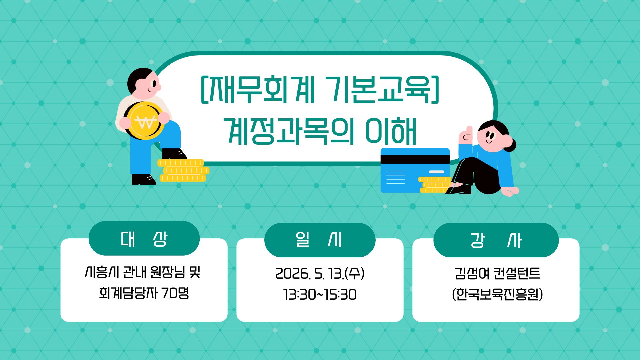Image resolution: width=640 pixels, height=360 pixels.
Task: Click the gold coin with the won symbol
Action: pyautogui.click(x=144, y=121)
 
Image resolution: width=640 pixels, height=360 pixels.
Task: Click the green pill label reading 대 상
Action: pyautogui.click(x=144, y=238)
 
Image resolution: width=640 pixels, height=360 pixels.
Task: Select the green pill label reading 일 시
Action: pyautogui.click(x=320, y=240)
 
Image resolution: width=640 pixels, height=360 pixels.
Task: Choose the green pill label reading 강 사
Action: pyautogui.click(x=496, y=240)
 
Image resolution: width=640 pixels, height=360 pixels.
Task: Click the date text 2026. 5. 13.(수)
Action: pyautogui.click(x=320, y=274)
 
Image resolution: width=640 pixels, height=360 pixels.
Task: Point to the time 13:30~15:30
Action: pyautogui.click(x=320, y=295)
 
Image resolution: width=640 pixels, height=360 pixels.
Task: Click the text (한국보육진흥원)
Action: pyautogui.click(x=497, y=294)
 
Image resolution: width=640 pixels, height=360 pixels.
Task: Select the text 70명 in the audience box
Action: pyautogui.click(x=176, y=293)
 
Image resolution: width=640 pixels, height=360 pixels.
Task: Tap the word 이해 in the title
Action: pyautogui.click(x=391, y=131)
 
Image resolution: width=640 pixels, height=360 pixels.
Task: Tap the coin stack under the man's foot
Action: pyautogui.click(x=183, y=170)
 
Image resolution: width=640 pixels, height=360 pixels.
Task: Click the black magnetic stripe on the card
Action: pyautogui.click(x=415, y=160)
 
